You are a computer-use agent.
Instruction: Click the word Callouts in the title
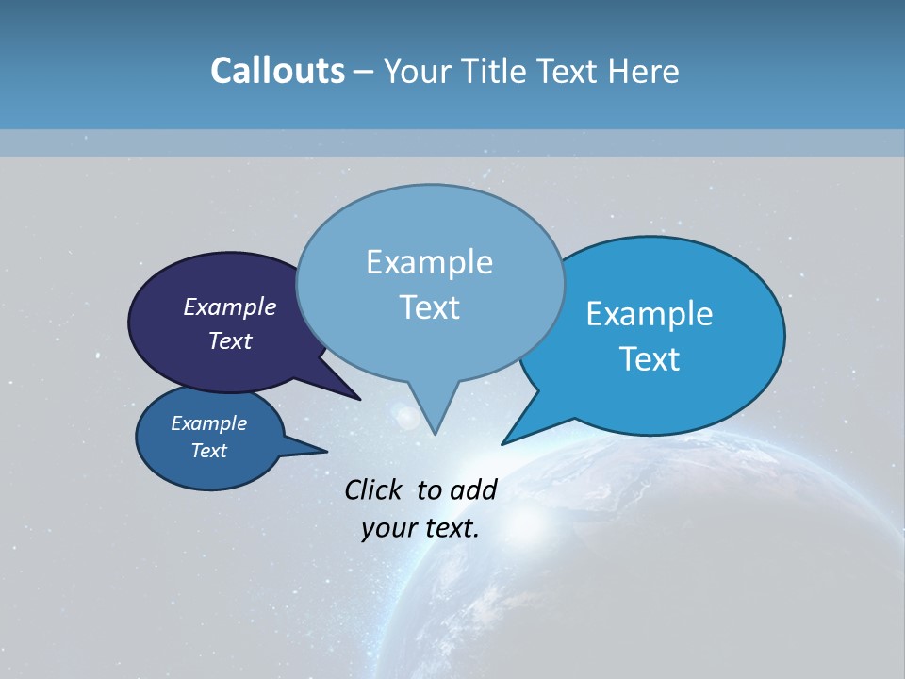[x=277, y=71]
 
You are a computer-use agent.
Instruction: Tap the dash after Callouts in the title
[x=364, y=72]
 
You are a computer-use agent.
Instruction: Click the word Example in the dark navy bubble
[x=229, y=306]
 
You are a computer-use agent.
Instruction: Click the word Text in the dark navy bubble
[x=229, y=340]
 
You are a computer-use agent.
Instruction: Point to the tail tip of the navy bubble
[x=358, y=398]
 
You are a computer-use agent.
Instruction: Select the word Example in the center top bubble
[x=429, y=261]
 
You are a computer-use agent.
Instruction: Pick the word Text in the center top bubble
[x=429, y=306]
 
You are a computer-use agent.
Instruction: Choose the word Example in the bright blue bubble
[x=649, y=313]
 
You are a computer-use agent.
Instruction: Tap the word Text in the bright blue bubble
[x=649, y=358]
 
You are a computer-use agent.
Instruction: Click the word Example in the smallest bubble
[x=208, y=423]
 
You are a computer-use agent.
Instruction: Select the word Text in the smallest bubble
[x=208, y=451]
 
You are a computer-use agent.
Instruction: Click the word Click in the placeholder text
[x=375, y=489]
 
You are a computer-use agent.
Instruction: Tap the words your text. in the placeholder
[x=420, y=528]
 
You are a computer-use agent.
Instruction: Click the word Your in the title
[x=418, y=71]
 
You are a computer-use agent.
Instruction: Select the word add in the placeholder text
[x=472, y=489]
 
